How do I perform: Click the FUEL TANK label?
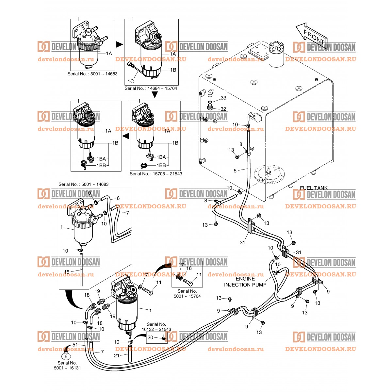point(314,188)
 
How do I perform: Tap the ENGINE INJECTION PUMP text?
point(245,282)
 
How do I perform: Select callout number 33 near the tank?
point(223,98)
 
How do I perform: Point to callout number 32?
point(223,109)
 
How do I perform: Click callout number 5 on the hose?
point(235,170)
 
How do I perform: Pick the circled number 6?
point(66,357)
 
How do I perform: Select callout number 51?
point(75,345)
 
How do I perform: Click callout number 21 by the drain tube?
point(117,355)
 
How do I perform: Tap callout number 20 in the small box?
point(150,337)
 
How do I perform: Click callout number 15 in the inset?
point(67,272)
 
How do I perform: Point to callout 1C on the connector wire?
point(131,81)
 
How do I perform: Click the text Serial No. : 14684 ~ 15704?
point(151,89)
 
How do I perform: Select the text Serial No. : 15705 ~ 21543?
point(156,174)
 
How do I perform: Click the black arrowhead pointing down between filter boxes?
point(155,95)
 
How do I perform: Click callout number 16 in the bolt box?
point(189,268)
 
